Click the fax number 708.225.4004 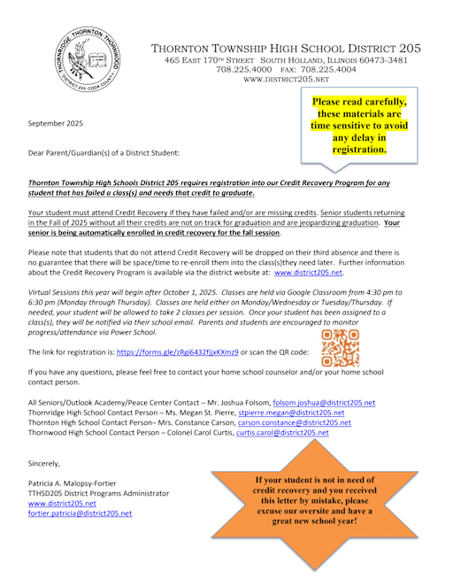[315, 69]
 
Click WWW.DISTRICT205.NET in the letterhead [286, 80]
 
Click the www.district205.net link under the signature [62, 503]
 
